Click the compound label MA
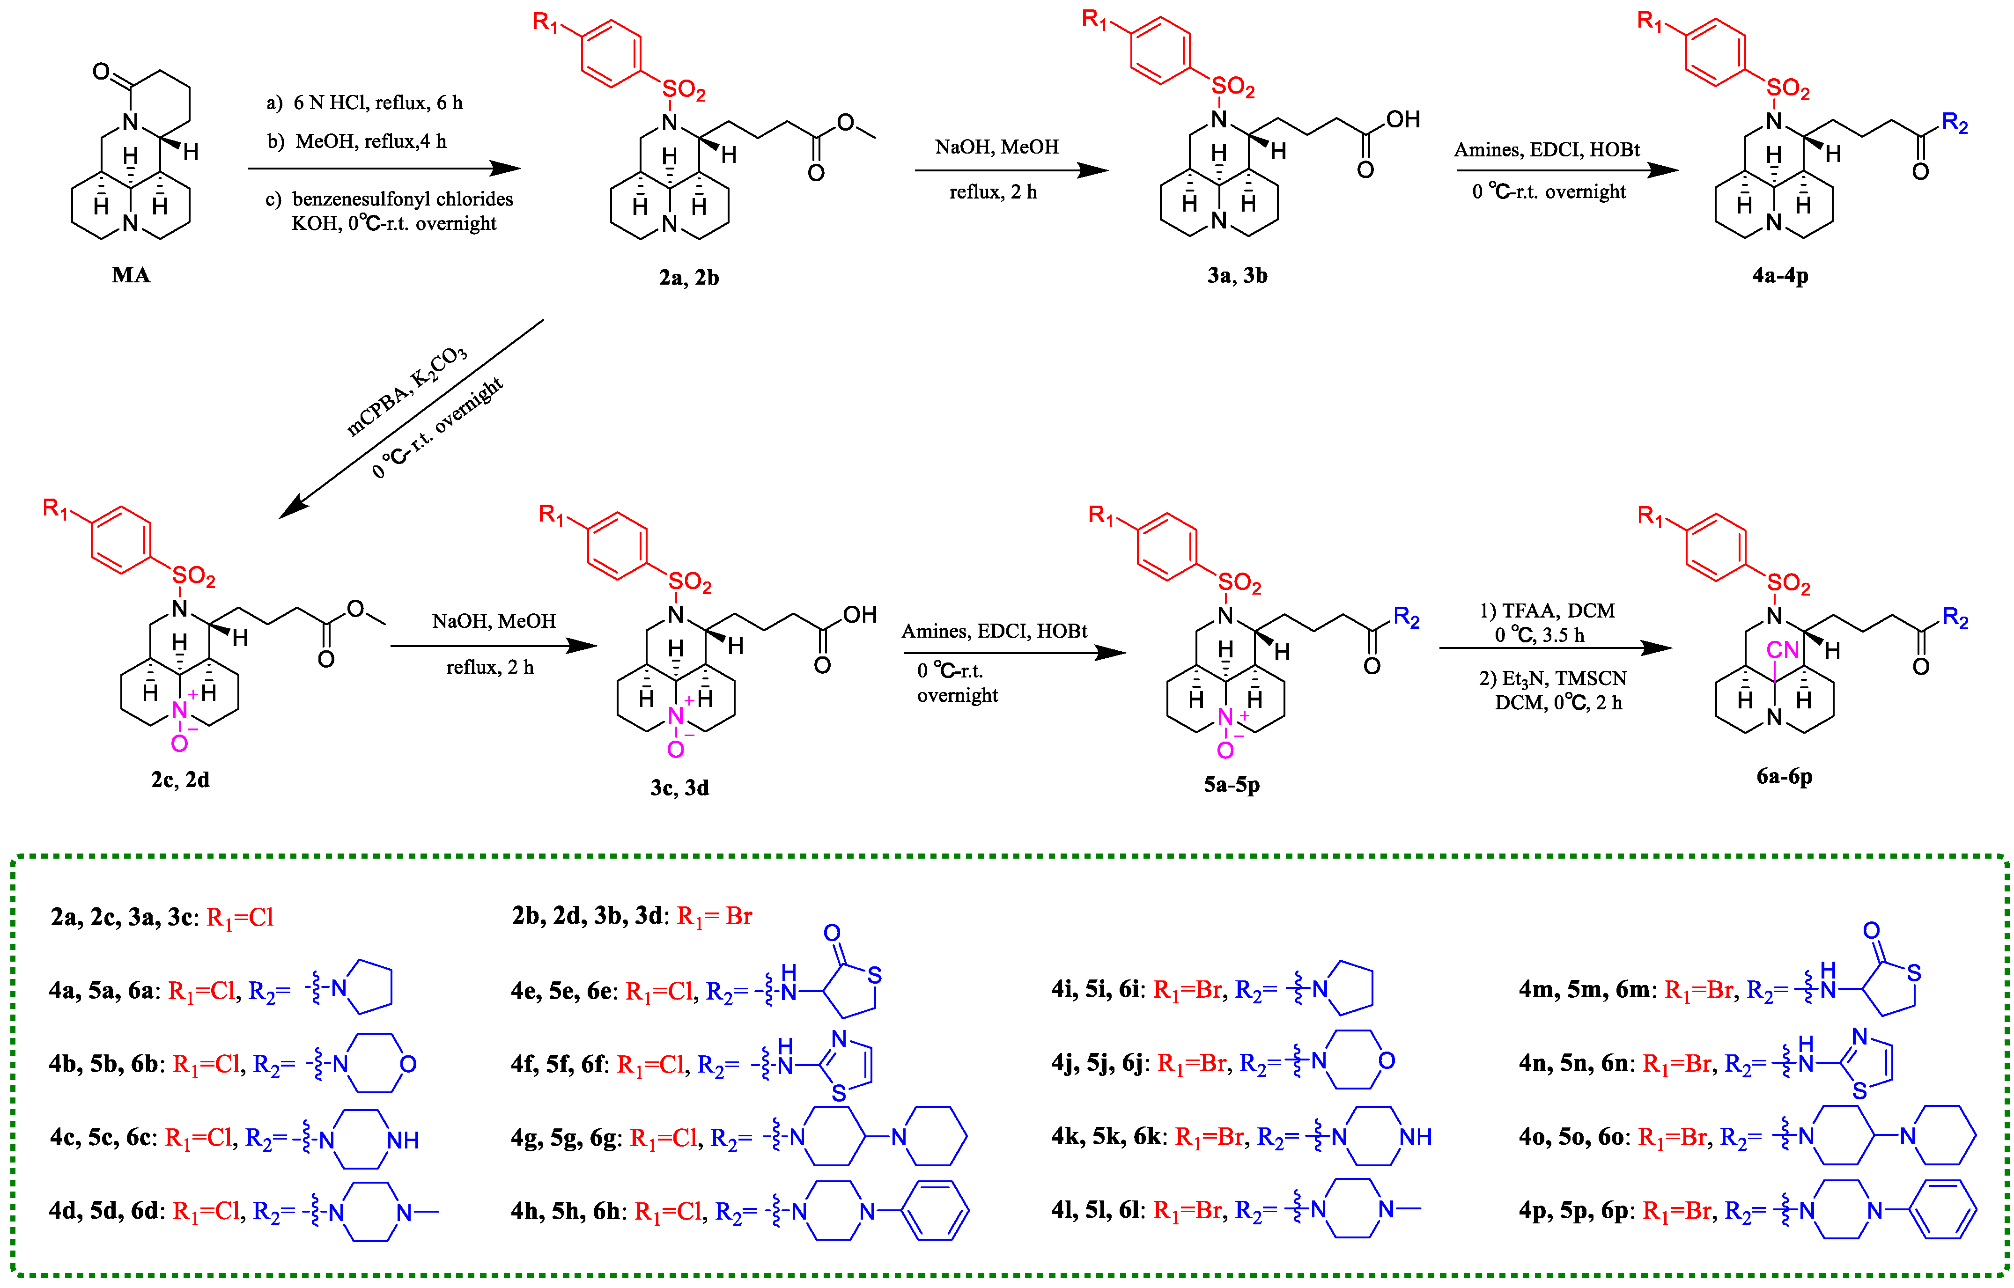(131, 275)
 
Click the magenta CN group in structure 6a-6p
(1782, 650)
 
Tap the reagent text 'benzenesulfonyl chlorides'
(402, 199)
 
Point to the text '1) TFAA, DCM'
(1547, 611)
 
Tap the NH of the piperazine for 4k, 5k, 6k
(1415, 1137)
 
